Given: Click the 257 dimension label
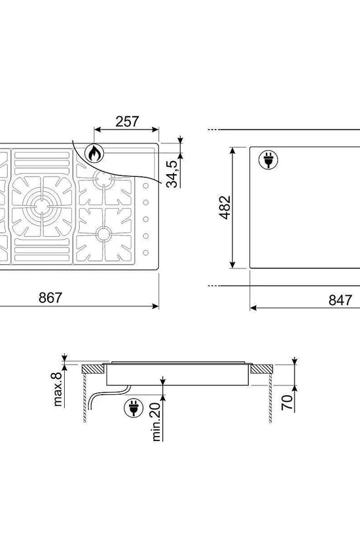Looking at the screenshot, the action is tap(127, 122).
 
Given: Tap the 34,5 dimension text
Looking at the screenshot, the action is tap(173, 174).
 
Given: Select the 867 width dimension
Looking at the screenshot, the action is tap(50, 298).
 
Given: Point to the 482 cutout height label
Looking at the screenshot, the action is tap(225, 207).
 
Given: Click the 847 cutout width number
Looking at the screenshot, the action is tap(340, 300).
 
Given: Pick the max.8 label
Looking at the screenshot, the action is tap(58, 389).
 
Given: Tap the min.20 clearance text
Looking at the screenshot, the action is tap(156, 422).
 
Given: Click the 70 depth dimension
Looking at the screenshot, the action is tap(287, 403).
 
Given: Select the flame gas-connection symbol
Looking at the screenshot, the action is tap(94, 154).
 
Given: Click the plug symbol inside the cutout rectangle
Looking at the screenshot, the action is tap(268, 160).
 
